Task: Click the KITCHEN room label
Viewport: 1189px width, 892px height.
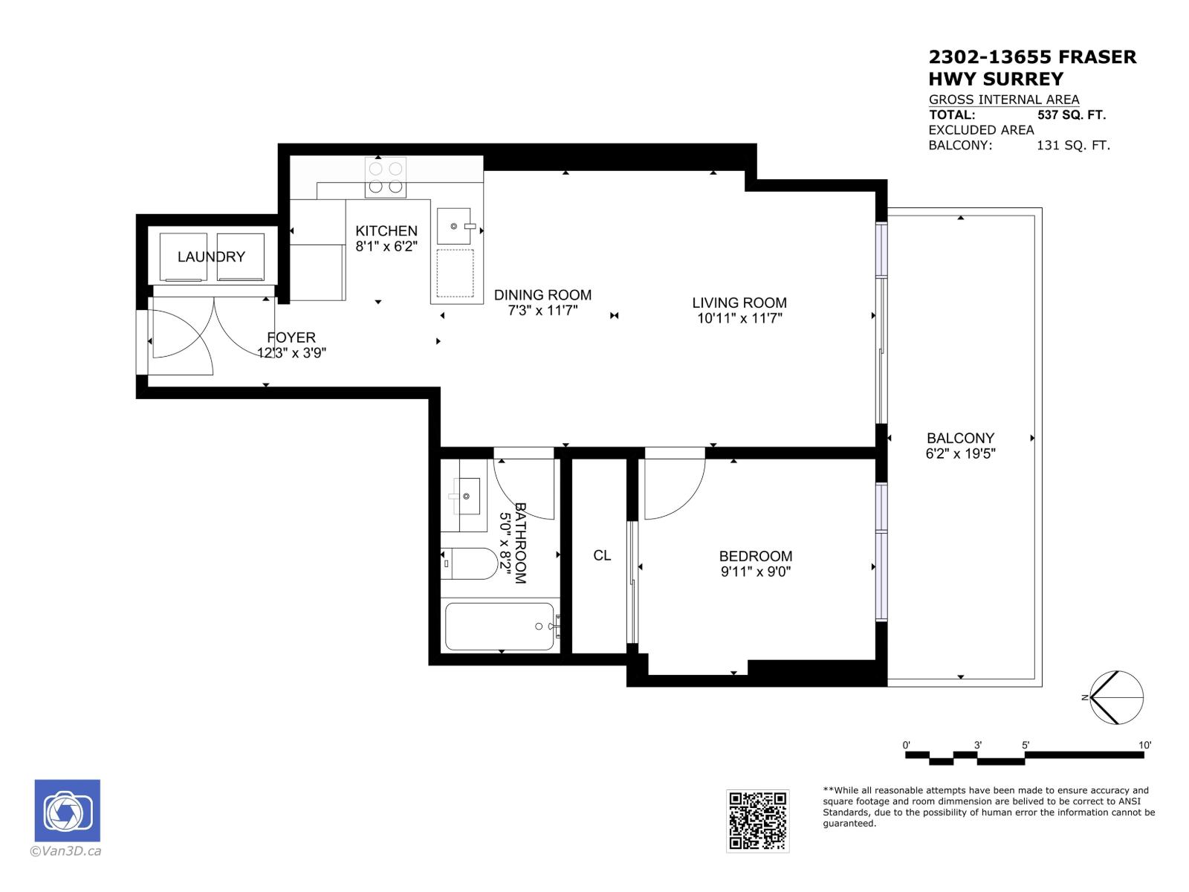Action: point(386,230)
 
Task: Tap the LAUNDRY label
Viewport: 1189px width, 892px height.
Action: point(211,256)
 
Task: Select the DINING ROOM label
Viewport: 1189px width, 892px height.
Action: point(542,295)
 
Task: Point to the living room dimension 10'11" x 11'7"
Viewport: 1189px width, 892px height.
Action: point(739,318)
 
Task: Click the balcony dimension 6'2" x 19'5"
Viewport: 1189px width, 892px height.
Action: point(960,454)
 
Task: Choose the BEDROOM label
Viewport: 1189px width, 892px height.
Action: point(755,556)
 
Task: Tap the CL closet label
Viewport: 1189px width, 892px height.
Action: point(602,556)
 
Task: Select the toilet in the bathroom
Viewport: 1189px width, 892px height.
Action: point(469,563)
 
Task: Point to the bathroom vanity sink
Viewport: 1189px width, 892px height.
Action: point(466,496)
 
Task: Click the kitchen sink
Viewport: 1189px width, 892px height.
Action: point(455,226)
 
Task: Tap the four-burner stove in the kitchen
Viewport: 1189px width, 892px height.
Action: point(385,177)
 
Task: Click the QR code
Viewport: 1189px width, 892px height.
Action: point(757,821)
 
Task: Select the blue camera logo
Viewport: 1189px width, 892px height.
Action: point(67,811)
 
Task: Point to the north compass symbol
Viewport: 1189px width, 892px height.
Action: point(1116,697)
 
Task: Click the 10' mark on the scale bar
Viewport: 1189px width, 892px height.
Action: point(1144,746)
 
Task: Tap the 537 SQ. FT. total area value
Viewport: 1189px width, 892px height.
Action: point(1072,114)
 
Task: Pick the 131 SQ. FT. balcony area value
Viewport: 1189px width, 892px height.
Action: point(1073,145)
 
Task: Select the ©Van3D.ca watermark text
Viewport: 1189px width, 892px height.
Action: point(65,851)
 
